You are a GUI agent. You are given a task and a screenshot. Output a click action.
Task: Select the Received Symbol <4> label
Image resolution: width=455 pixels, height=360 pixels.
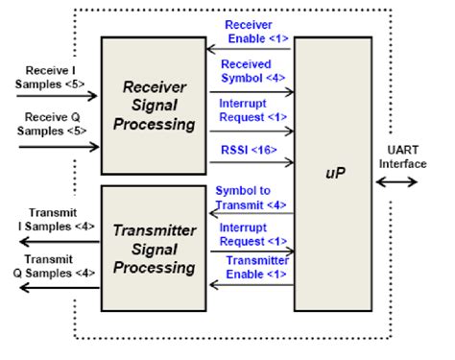point(251,71)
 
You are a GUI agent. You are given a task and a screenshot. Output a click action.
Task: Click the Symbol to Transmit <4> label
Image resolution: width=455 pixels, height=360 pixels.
point(251,197)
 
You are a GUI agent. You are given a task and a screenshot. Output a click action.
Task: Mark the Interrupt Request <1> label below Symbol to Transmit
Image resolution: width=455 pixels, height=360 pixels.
point(251,235)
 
